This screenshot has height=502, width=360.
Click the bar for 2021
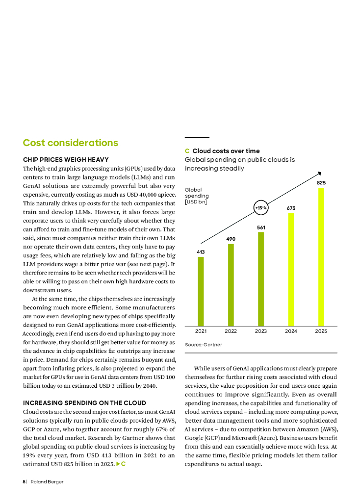coord(201,291)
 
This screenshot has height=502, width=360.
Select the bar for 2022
coord(231,285)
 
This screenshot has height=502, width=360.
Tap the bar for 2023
coord(261,279)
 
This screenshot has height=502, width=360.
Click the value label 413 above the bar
coord(201,251)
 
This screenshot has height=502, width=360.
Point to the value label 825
coord(321,182)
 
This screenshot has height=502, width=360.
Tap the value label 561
coord(261,227)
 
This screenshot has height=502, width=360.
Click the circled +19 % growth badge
coord(261,207)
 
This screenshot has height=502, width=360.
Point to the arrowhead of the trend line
coord(319,173)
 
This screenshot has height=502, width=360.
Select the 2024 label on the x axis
coord(291,331)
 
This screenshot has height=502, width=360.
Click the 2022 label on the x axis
coord(231,331)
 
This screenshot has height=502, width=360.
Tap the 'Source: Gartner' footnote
coord(203,345)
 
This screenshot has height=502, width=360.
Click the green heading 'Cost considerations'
coord(71,143)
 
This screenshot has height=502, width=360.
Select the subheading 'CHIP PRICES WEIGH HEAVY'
coord(66,160)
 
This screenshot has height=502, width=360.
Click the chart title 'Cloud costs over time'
coord(226,151)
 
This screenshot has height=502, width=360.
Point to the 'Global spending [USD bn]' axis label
coord(195,196)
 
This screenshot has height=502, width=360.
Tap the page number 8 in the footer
coord(24,482)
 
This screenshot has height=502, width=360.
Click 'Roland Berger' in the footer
coord(47,482)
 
